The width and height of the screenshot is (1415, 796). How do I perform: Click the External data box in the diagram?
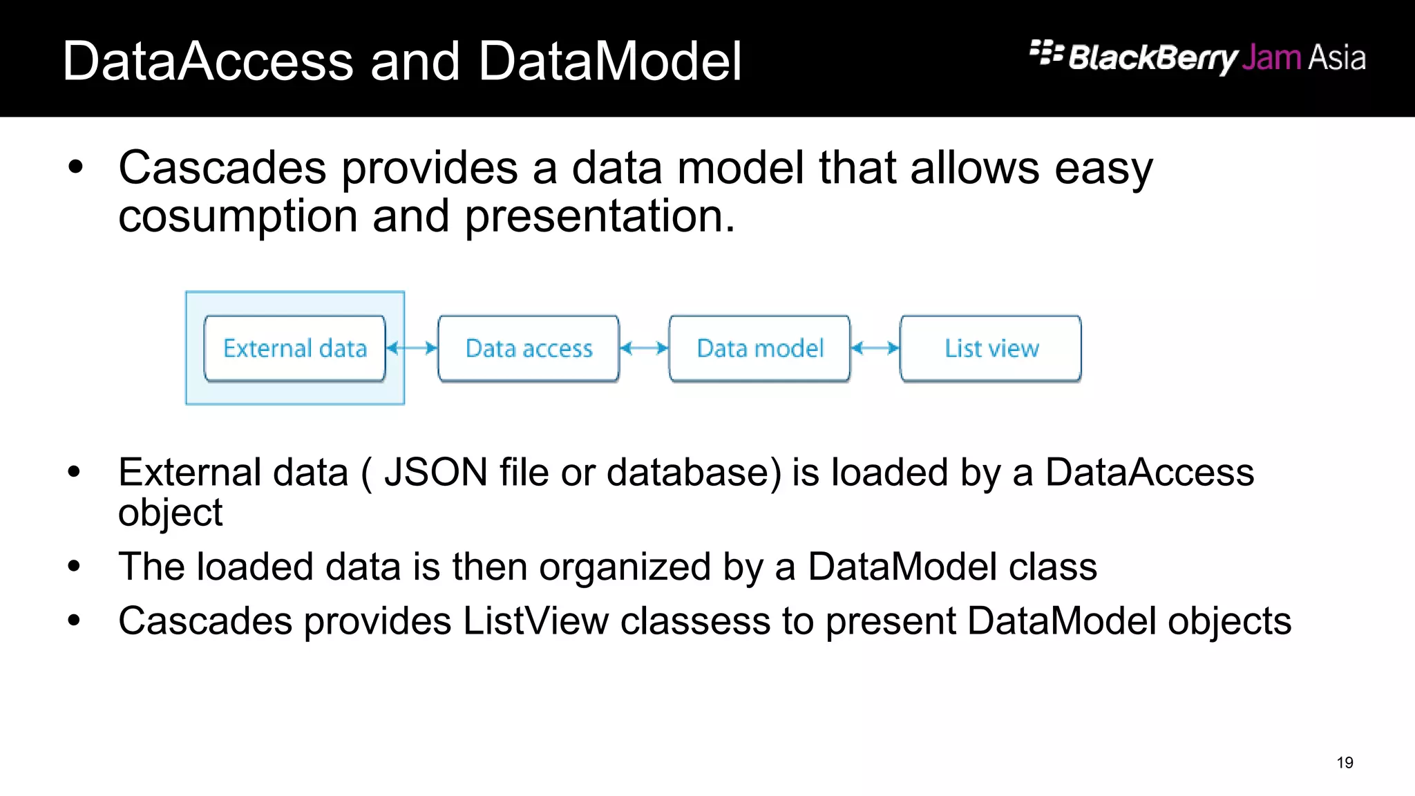295,348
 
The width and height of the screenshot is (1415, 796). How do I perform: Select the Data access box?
529,348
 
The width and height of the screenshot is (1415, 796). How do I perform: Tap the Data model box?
760,348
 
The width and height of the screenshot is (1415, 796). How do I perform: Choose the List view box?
991,348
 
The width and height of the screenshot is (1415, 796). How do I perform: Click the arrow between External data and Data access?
412,348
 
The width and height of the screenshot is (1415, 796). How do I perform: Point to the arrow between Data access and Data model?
644,348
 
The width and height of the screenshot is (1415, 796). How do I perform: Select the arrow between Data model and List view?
875,348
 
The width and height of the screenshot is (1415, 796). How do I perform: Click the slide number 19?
1345,763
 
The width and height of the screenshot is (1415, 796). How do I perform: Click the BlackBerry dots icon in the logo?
1046,53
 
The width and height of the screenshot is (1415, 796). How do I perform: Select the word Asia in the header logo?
1337,57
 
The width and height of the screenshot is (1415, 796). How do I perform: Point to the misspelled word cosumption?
238,216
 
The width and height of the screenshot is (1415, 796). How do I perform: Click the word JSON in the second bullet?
436,473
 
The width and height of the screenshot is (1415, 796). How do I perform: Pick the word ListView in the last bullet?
535,620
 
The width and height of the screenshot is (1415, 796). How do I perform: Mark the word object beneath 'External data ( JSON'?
170,513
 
